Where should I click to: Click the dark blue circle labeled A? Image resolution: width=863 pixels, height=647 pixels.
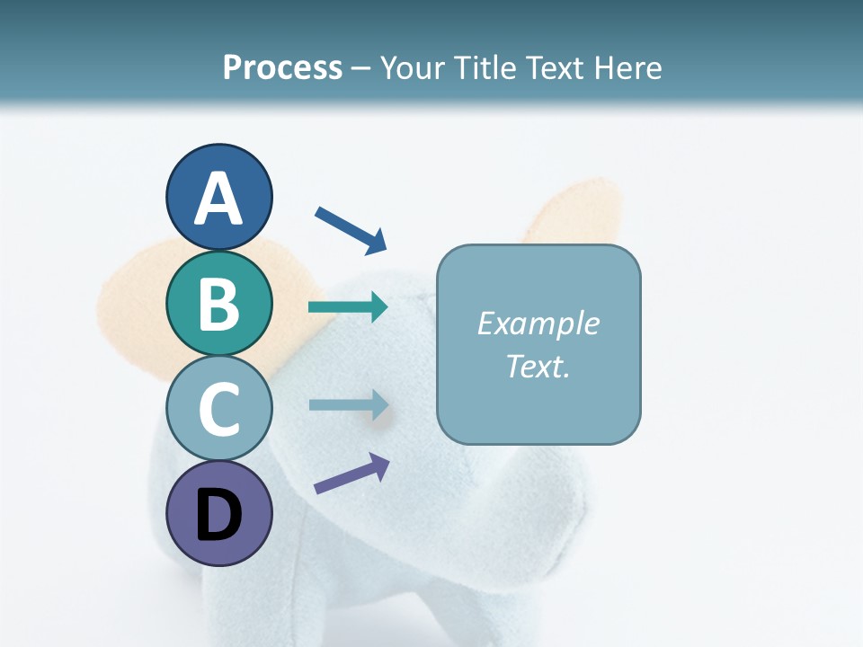pos(219,197)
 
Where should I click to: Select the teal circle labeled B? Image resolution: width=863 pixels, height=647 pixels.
pos(219,303)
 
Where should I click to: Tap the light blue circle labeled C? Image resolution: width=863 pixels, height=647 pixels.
pos(219,409)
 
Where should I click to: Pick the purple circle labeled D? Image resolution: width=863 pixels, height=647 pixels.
pos(219,514)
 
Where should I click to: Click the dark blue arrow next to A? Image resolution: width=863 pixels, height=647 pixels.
pos(351,229)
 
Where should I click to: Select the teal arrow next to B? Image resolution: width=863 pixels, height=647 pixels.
pos(348,307)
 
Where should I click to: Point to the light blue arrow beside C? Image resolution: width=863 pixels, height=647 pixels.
pos(348,404)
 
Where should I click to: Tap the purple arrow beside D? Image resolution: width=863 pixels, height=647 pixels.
pos(351,474)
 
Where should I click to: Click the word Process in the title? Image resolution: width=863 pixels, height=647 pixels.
pos(282,67)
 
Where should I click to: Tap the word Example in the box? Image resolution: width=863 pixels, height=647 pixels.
pos(538,323)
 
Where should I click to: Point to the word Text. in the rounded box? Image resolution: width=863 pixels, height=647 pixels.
pos(538,366)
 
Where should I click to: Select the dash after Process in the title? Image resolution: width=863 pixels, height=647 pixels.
pos(360,68)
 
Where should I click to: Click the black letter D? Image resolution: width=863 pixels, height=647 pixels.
pos(219,515)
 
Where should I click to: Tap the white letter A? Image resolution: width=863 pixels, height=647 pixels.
pos(219,198)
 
